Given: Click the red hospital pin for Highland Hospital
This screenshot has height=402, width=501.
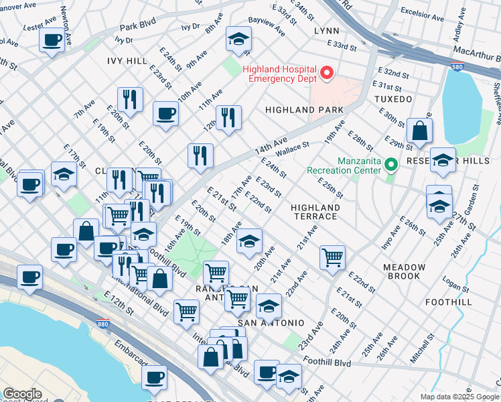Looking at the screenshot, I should coord(328,73).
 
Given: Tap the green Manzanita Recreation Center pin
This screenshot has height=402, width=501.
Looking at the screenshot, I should coord(390,163).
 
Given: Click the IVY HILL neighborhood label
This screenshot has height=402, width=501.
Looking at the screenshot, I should coord(127,61).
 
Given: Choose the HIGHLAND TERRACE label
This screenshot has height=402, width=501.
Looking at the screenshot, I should coord(315,212).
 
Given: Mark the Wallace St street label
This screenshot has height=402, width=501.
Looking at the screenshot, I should coord(292,149).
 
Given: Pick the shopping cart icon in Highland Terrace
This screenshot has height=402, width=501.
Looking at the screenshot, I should coord(332,257).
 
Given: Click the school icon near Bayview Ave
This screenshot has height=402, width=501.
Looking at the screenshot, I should coord(238,40).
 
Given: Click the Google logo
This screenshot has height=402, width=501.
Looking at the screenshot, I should coord(22,394).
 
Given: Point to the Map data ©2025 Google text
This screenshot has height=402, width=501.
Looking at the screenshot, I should coord(458,397).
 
